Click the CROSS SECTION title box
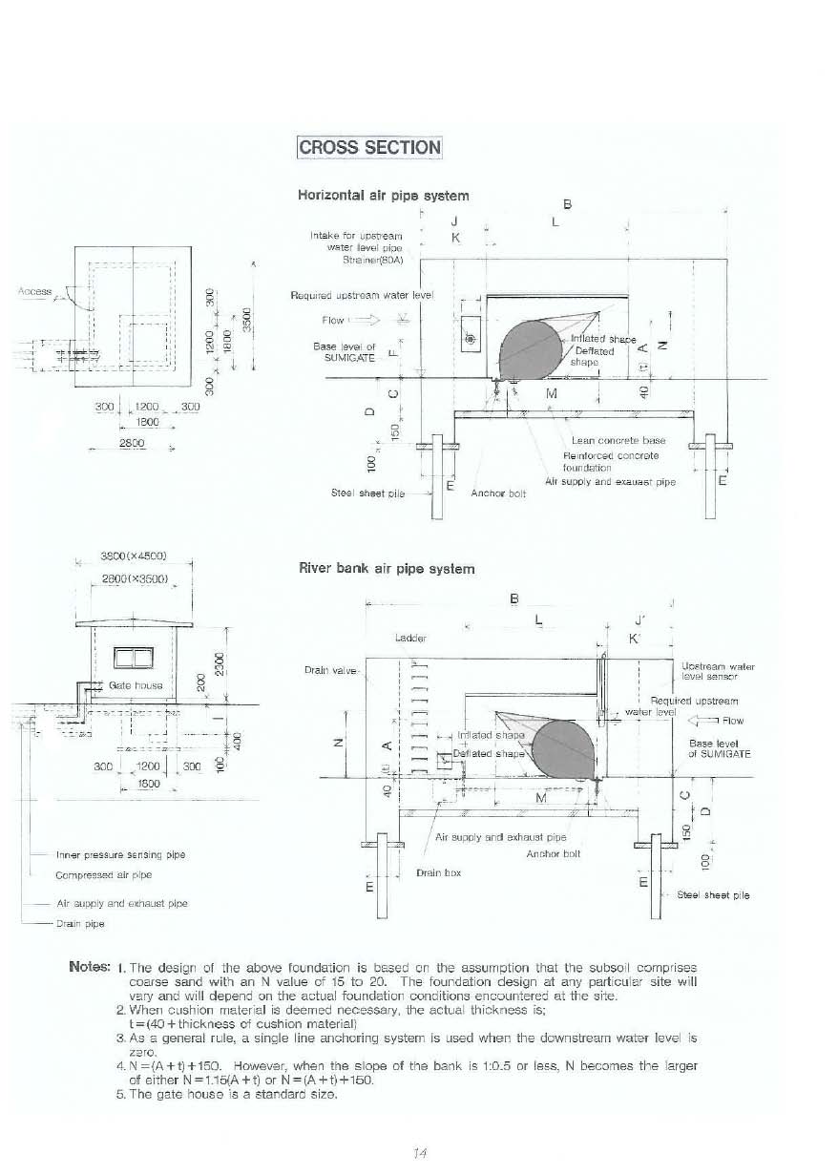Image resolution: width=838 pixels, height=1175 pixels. (369, 147)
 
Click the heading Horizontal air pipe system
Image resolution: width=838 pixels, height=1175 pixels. (384, 195)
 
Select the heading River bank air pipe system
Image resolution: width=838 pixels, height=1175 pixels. (386, 569)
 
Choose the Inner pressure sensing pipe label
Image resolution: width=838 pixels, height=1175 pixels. (120, 855)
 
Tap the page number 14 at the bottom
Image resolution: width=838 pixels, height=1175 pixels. (417, 1153)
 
